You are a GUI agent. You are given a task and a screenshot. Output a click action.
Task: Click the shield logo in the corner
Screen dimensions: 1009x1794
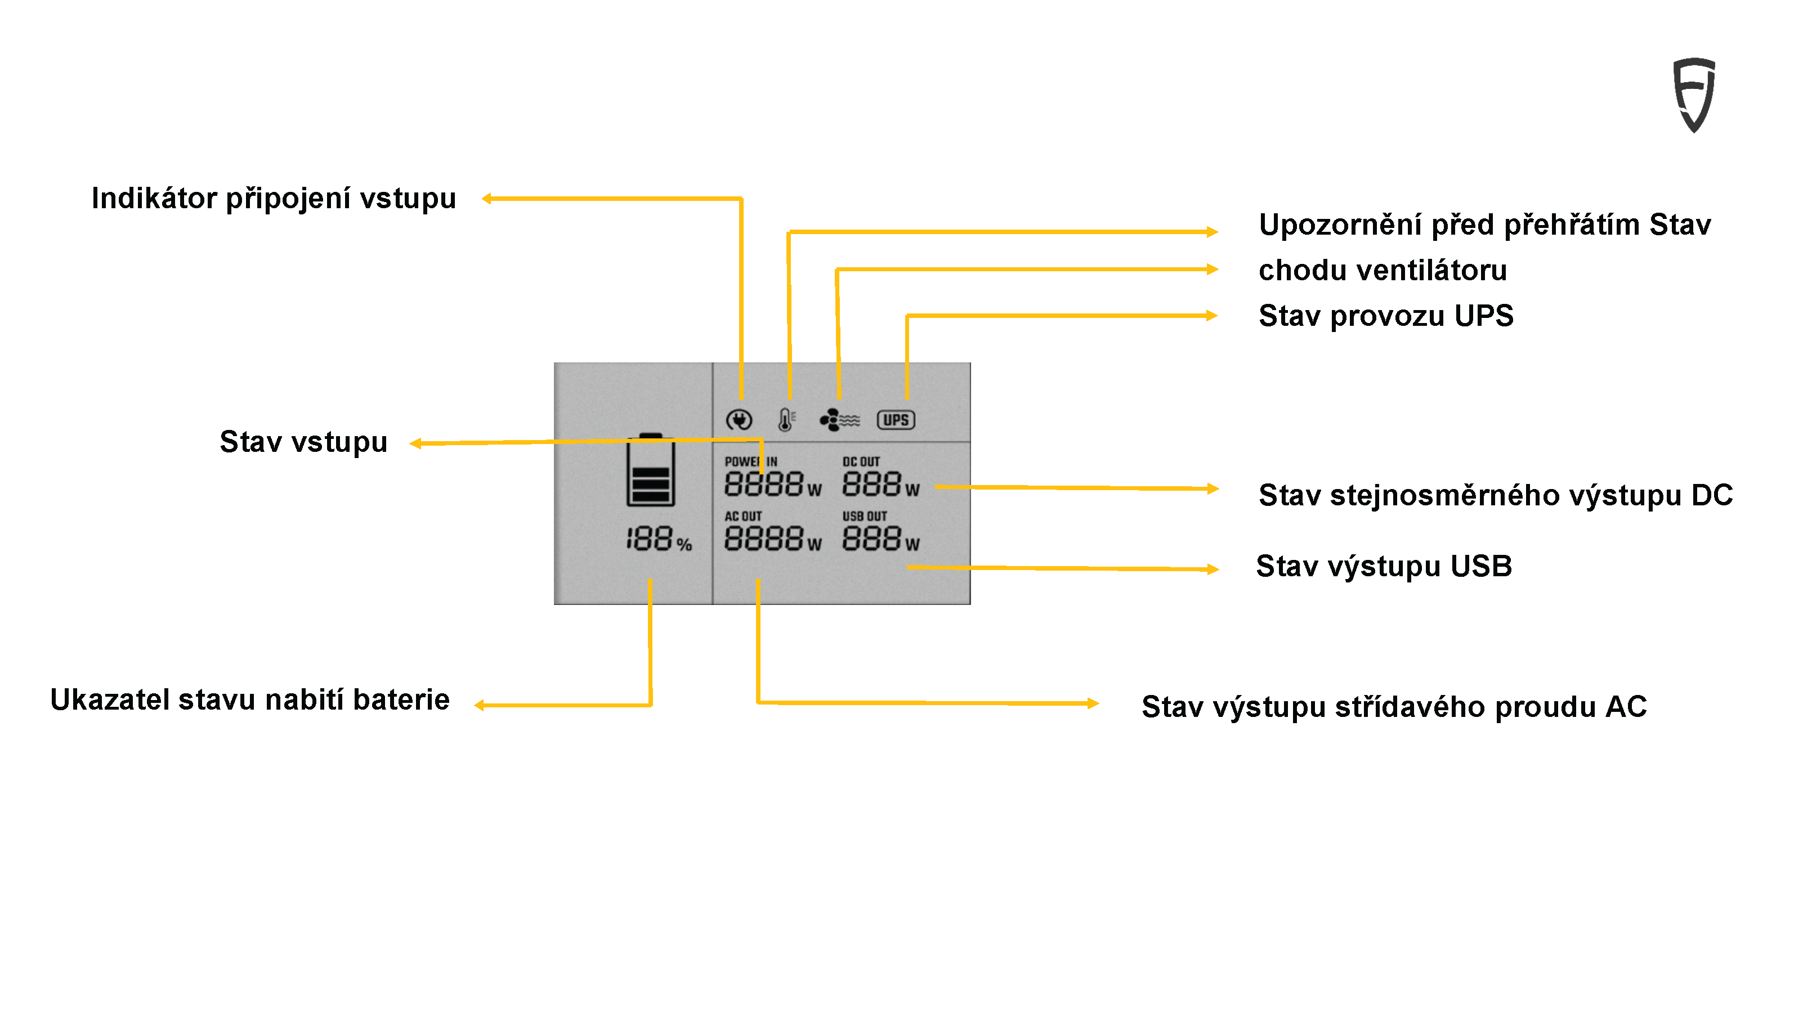[x=1693, y=95]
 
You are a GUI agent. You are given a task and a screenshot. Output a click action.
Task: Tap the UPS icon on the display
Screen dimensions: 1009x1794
[x=895, y=420]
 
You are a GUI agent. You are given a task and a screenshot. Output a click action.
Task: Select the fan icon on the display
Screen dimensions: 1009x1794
[x=839, y=420]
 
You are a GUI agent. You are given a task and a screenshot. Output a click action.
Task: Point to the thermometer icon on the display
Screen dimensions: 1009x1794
[x=786, y=419]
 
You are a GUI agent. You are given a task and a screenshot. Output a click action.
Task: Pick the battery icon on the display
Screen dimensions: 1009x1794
[x=651, y=470]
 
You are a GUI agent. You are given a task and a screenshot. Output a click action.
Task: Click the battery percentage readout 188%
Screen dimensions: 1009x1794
[x=658, y=540]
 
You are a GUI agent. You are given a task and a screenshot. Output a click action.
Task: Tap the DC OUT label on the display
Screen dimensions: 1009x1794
[x=861, y=461]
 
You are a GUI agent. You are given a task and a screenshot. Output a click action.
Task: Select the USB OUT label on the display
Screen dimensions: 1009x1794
[x=864, y=516]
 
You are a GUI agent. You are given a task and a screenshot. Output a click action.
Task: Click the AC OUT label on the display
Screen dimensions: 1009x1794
[x=742, y=516]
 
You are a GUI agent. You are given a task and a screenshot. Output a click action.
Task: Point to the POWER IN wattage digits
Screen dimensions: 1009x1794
[x=763, y=484]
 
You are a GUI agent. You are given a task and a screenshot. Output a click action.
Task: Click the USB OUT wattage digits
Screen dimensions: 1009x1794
[x=872, y=539]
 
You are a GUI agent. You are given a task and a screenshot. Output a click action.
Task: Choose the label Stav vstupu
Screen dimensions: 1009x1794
[x=303, y=442]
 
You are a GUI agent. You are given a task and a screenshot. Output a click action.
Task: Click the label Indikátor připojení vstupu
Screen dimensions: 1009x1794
[x=274, y=199]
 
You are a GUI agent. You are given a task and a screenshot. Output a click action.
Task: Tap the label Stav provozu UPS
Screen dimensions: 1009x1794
[x=1386, y=316]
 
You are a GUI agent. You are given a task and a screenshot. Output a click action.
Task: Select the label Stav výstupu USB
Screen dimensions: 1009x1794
[x=1384, y=566]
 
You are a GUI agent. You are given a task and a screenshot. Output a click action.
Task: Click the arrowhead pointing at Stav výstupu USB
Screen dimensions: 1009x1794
[x=1213, y=569]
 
